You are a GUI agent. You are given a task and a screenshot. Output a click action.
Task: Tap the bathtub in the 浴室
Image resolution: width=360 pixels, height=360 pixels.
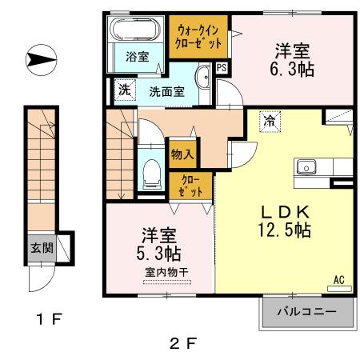[x=135, y=31]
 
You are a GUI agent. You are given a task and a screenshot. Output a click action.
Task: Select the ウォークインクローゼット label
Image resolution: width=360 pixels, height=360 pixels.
[x=198, y=36]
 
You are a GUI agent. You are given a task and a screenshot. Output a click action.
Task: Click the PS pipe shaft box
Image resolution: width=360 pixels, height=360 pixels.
[x=221, y=68]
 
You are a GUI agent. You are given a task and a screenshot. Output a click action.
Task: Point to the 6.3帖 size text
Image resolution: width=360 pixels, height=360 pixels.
[x=291, y=68]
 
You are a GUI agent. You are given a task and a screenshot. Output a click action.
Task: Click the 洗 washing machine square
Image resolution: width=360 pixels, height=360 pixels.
[x=124, y=90]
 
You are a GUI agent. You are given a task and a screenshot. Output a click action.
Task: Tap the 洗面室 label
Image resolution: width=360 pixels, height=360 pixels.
[x=167, y=91]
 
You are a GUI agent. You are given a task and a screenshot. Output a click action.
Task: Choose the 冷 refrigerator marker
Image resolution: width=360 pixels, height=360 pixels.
[x=270, y=122]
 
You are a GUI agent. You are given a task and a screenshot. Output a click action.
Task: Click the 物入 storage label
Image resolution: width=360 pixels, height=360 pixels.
[x=181, y=153]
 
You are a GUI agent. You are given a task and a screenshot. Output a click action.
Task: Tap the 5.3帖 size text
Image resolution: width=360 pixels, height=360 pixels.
[x=160, y=254]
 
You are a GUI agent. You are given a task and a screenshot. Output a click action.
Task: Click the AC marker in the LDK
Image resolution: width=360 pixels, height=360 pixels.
[x=338, y=280]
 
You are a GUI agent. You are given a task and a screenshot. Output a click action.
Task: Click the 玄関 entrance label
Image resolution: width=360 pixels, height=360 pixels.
[x=42, y=247]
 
